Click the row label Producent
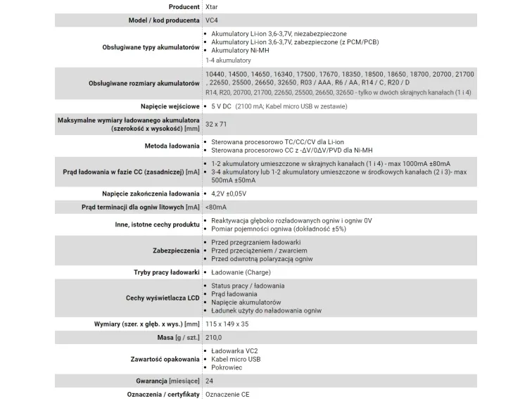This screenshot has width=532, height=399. [x=179, y=6]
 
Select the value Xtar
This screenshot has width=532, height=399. [x=212, y=6]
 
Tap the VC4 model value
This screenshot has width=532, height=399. [x=213, y=20]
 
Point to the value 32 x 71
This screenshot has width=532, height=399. [x=216, y=124]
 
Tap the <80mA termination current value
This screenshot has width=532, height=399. [x=216, y=207]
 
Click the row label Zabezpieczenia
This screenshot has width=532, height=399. [x=176, y=251]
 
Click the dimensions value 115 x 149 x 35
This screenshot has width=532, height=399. [x=227, y=324]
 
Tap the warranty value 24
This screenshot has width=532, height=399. [x=209, y=381]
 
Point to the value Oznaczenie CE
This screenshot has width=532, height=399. [x=227, y=394]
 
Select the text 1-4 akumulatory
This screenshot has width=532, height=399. [x=228, y=61]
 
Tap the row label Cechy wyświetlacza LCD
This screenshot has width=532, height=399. [x=163, y=298]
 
